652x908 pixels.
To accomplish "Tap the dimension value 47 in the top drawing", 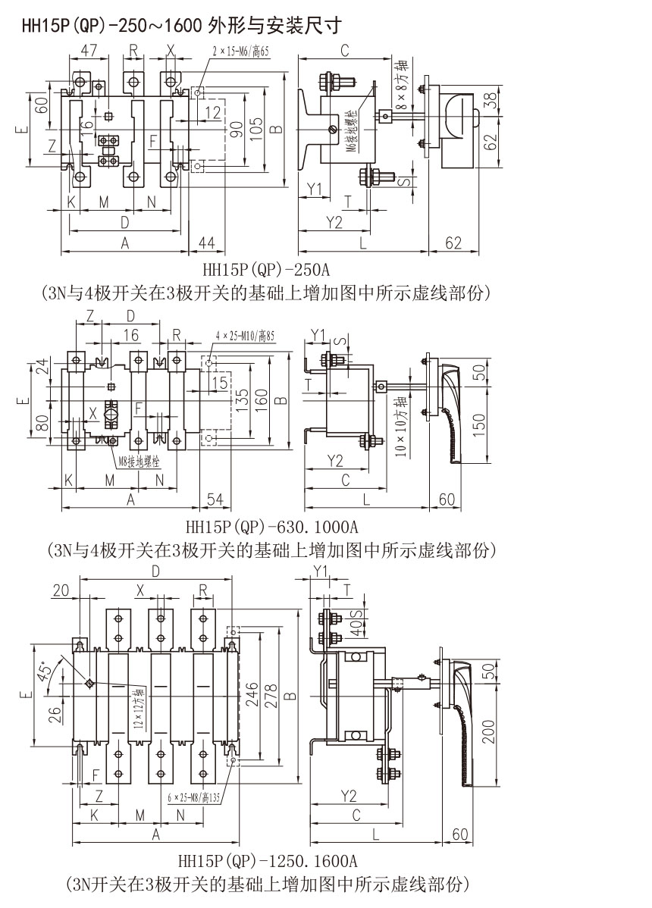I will (89, 52).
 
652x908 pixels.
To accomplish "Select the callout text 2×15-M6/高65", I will (240, 52).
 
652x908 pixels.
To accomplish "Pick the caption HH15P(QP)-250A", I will (266, 268).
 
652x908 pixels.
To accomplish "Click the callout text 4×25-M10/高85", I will (244, 334).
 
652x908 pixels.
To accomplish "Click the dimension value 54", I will (215, 499).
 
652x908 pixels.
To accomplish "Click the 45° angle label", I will (47, 670).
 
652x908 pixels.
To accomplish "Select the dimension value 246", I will (252, 696).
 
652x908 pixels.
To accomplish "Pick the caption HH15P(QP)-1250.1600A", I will (267, 861).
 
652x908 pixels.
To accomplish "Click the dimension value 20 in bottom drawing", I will (61, 590).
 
